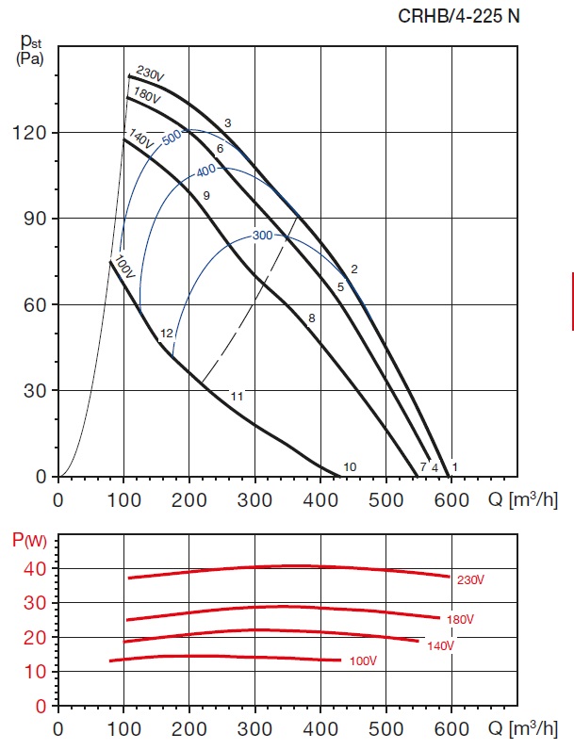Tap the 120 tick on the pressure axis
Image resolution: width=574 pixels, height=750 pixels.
click(31, 133)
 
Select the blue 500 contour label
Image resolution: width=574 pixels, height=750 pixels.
click(171, 137)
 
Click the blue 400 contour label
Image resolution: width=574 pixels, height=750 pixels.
click(205, 171)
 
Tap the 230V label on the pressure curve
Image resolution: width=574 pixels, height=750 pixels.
click(150, 73)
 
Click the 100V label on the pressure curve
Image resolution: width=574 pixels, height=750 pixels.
click(125, 266)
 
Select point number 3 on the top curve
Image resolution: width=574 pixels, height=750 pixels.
click(227, 123)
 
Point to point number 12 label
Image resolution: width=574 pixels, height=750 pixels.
click(166, 334)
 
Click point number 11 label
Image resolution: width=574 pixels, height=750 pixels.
click(237, 397)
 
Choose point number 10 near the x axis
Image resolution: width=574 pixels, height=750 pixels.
click(349, 467)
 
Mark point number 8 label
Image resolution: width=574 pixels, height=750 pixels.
click(311, 318)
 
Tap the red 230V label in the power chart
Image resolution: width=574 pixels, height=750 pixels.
click(469, 580)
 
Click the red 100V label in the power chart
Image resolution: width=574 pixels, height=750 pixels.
click(363, 661)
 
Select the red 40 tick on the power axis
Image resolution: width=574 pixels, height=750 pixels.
click(35, 568)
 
